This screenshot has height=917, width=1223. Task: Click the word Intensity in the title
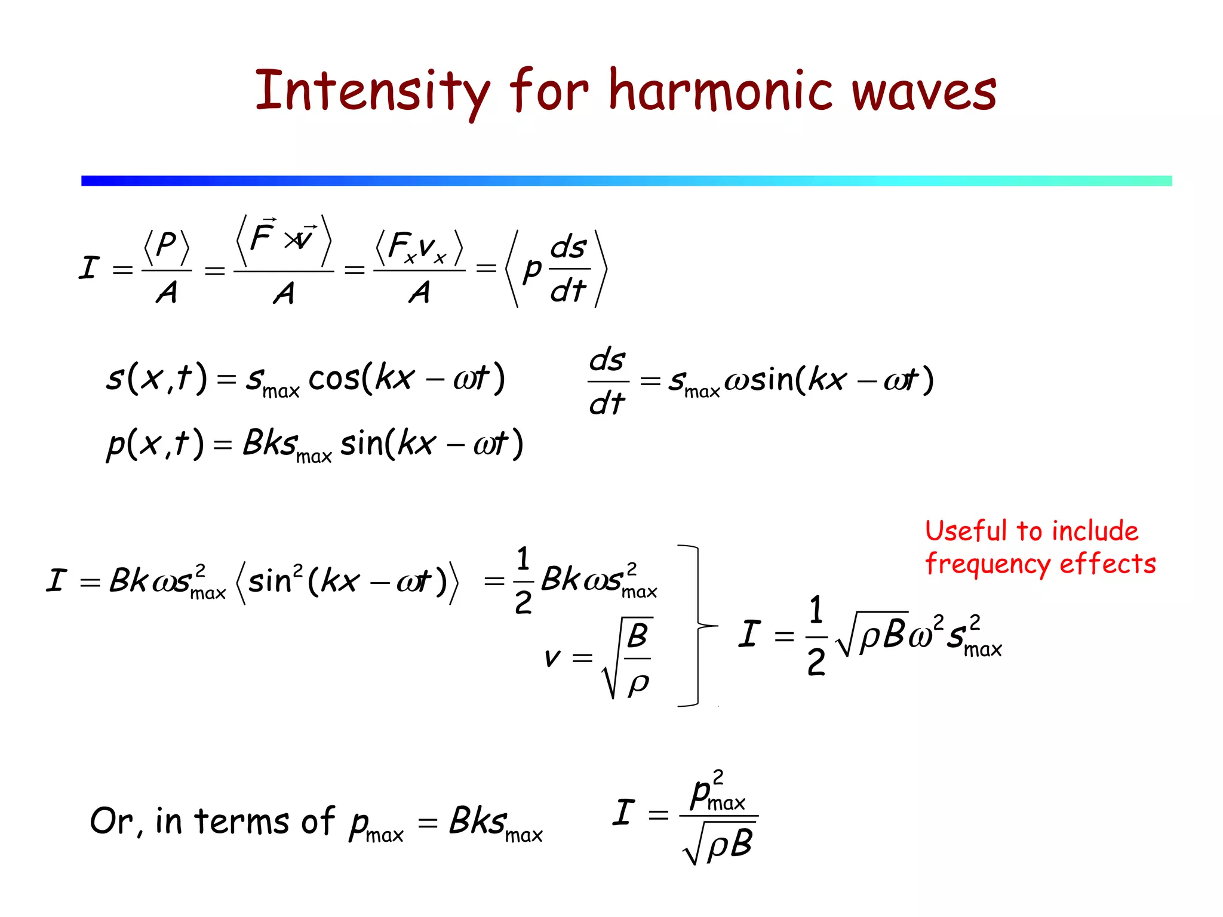[x=371, y=91]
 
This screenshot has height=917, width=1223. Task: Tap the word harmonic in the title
[x=720, y=91]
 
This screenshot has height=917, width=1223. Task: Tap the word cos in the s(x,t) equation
[x=334, y=379]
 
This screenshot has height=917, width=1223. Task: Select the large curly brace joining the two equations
[x=697, y=626]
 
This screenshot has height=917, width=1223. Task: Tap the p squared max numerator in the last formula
[x=717, y=793]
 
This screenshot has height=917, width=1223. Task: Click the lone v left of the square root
[x=552, y=658]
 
